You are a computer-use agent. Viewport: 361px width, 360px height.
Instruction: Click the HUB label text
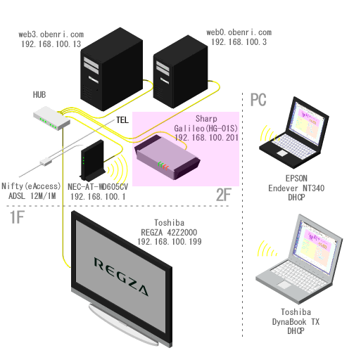coord(39,95)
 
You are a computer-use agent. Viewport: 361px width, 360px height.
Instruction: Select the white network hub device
coord(51,118)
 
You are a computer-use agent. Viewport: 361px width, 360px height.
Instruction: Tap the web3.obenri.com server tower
coord(112,69)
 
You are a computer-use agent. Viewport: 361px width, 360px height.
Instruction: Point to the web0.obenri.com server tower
coord(180,72)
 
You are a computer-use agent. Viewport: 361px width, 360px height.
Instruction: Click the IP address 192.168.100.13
coord(51,44)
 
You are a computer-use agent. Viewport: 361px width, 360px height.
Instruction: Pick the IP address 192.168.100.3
coord(239,42)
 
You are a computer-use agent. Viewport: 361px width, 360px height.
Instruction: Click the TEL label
coord(122,120)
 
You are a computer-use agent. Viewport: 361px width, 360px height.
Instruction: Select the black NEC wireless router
coord(92,160)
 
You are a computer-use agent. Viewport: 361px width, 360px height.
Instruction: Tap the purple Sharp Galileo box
coord(167,157)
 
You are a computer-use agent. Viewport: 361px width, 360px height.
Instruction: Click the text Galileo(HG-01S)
coord(205,128)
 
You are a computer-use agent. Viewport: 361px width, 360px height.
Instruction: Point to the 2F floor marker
coord(224,195)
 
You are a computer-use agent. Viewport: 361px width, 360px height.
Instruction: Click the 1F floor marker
coord(17,217)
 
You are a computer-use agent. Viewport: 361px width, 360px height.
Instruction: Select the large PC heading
coord(258,100)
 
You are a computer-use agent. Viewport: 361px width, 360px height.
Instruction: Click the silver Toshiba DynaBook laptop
coord(299,259)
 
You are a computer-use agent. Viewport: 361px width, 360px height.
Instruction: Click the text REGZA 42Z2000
coord(169,232)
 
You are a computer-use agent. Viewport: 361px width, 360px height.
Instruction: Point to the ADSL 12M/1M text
coord(32,195)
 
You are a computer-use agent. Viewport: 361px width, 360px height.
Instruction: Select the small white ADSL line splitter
coord(46,162)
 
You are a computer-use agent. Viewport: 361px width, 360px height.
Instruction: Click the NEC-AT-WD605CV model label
coord(98,187)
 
